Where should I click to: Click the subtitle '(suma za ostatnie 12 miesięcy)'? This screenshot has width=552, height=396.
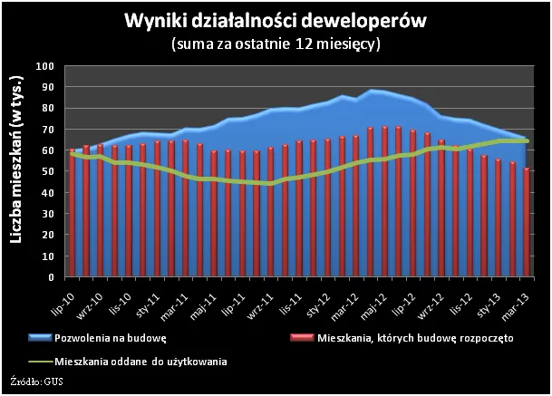click(276, 43)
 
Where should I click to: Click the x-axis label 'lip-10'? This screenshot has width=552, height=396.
click(66, 295)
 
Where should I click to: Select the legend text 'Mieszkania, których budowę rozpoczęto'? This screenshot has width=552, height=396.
click(416, 338)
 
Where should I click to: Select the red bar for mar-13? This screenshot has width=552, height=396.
click(527, 221)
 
